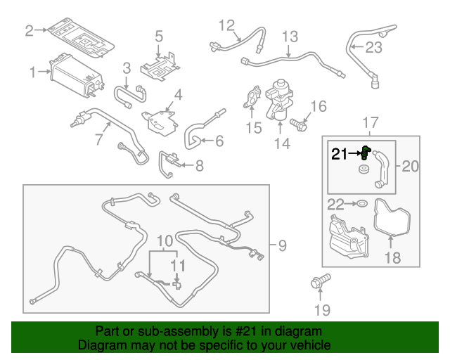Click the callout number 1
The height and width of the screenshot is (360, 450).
coord(32,72)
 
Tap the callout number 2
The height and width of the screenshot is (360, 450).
coord(30,30)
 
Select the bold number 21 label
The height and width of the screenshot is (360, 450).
coord(340,153)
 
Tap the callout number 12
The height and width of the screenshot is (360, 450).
coord(226,27)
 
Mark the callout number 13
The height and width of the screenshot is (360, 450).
coord(290,37)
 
